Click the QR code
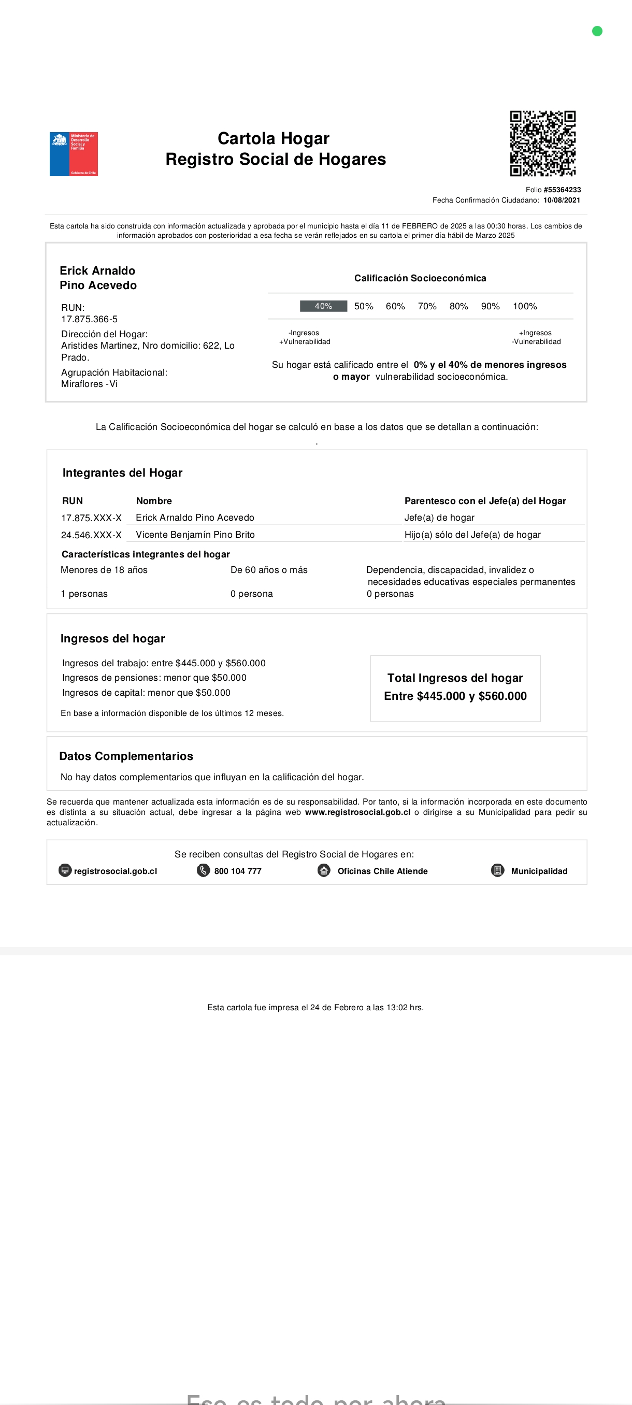[542, 144]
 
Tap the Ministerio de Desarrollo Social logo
[74, 154]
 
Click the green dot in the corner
[597, 31]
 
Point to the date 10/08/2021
[562, 200]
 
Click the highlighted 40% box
[323, 306]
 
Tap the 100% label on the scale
[525, 306]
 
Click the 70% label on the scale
[427, 306]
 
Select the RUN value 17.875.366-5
[90, 319]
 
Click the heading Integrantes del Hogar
[122, 473]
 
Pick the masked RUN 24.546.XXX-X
[91, 535]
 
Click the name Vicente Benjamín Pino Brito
[195, 535]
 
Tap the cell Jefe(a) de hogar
[439, 518]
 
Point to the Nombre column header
[154, 500]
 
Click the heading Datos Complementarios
[126, 756]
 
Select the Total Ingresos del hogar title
[455, 678]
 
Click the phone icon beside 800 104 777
[204, 870]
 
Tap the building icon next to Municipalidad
[497, 870]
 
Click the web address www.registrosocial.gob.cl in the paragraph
[357, 812]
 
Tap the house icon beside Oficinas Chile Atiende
[324, 870]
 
